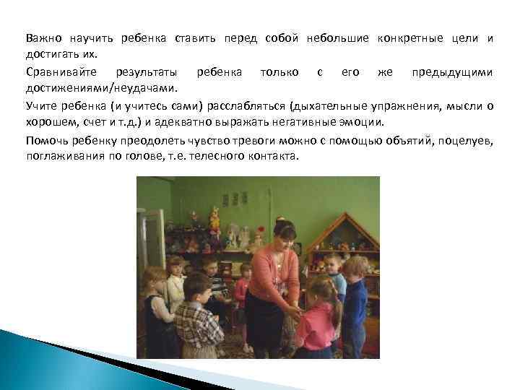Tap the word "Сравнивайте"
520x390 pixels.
click(57, 73)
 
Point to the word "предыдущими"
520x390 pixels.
click(452, 73)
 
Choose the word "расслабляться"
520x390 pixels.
click(238, 107)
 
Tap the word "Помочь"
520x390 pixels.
click(45, 141)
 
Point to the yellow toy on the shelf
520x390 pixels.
click(214, 214)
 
